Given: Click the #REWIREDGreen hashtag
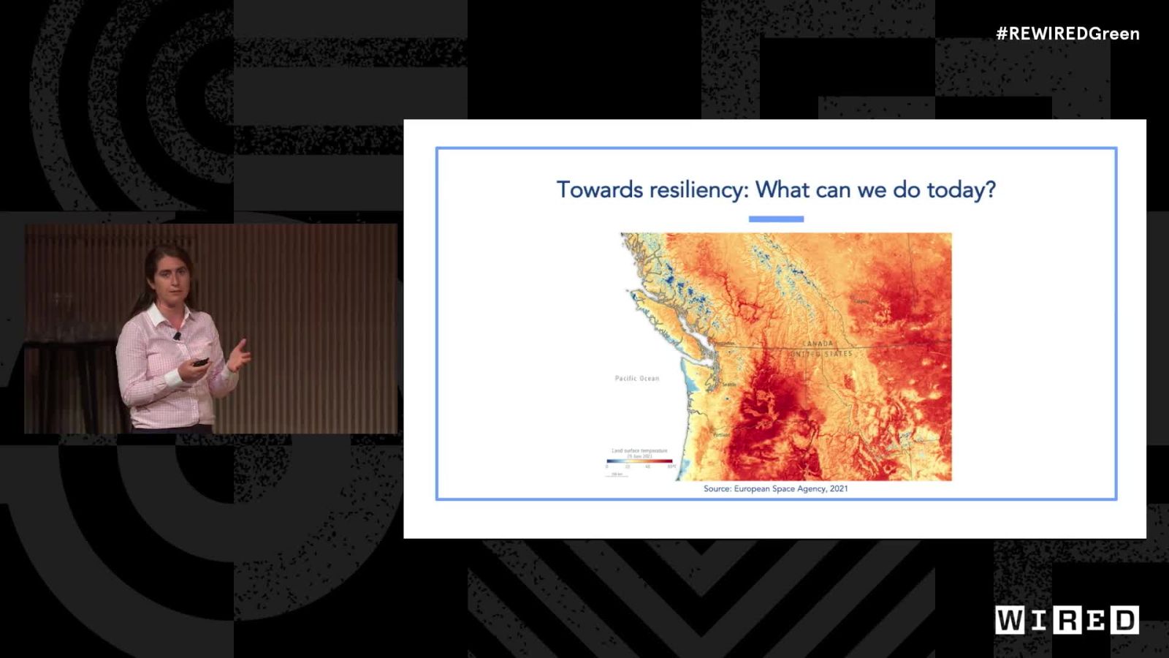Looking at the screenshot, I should tap(1067, 34).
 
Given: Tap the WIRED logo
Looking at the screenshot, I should tap(1066, 620).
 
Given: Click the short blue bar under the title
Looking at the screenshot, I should tap(776, 219).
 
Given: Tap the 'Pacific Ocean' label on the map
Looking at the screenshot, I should tap(636, 379).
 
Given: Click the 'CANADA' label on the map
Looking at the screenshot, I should tap(818, 344).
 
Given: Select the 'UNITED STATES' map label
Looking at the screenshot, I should tap(820, 354).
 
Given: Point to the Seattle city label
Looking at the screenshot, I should tap(729, 385).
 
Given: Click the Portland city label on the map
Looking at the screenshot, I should tap(721, 435).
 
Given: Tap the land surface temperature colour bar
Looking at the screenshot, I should tap(639, 461).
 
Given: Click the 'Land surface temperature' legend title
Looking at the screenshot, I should tap(639, 451).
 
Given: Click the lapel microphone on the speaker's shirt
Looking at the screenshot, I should tap(176, 336).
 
